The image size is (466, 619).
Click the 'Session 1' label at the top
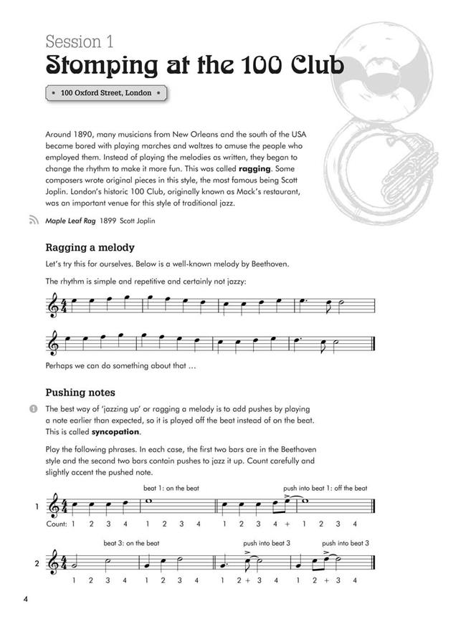click(80, 42)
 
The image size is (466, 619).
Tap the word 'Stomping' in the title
click(99, 66)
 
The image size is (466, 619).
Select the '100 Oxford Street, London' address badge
click(106, 93)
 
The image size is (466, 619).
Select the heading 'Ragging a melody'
click(90, 248)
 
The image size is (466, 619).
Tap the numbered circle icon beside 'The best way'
click(32, 408)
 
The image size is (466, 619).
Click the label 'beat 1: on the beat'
click(171, 488)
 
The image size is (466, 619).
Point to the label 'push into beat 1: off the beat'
click(325, 488)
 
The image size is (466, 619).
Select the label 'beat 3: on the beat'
click(131, 542)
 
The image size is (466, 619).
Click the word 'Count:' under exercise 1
click(56, 524)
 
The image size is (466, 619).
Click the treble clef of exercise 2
click(54, 562)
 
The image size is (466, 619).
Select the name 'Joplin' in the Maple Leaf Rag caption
click(143, 221)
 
